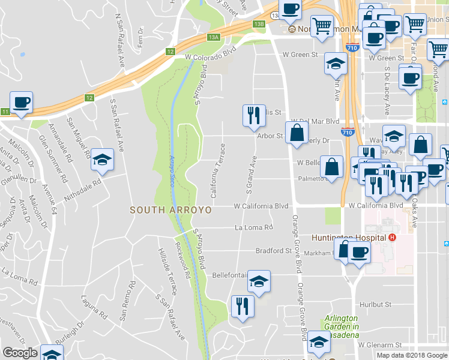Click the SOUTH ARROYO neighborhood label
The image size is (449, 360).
click(171, 210)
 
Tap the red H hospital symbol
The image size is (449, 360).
click(392, 238)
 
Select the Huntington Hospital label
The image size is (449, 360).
click(349, 238)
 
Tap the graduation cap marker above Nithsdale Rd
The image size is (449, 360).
click(102, 160)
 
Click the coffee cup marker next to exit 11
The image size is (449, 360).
click(21, 103)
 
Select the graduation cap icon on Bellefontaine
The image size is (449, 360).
click(259, 281)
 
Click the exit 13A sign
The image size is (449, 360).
click(214, 37)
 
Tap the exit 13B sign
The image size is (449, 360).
click(259, 24)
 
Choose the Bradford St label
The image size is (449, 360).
click(273, 250)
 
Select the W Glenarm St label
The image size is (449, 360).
click(379, 345)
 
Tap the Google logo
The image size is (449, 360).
click(20, 353)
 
